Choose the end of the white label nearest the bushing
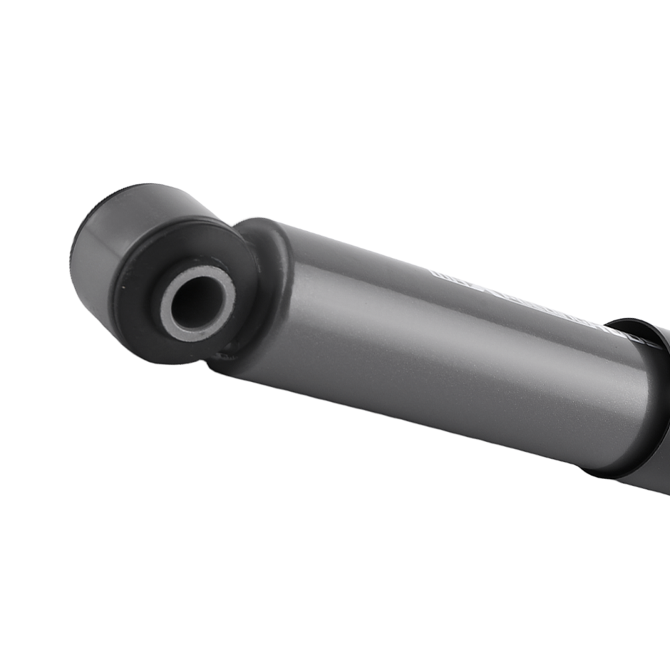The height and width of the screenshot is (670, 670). [x=435, y=273]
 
